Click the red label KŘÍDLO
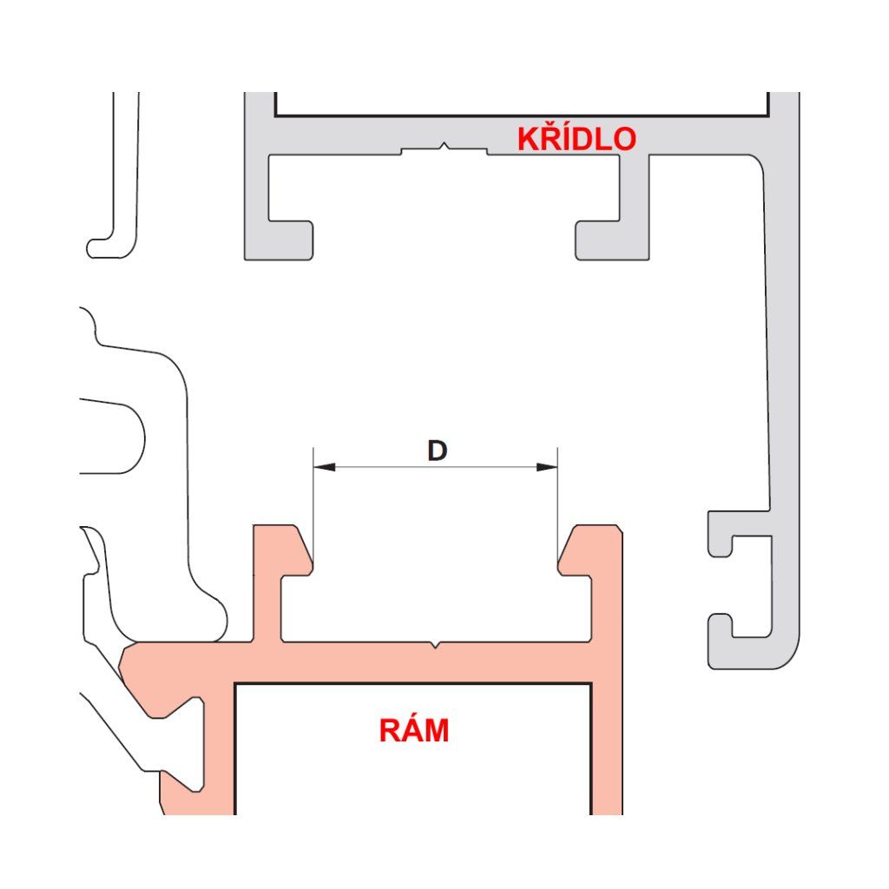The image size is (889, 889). (576, 139)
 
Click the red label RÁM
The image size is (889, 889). (414, 731)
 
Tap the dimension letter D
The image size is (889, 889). (437, 451)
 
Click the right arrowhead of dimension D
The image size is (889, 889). (547, 467)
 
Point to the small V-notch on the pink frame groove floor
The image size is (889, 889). (434, 646)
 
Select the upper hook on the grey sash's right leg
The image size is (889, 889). (721, 534)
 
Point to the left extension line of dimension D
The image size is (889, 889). (313, 504)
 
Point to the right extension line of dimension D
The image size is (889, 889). (557, 504)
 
